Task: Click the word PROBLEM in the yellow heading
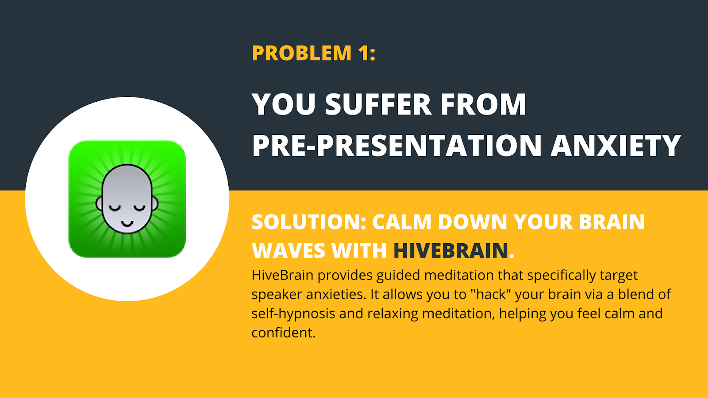point(301,53)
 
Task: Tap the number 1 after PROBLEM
point(365,53)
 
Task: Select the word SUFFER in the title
point(378,105)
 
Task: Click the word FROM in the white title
point(483,105)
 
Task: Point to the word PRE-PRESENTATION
point(396,146)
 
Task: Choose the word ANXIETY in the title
point(616,146)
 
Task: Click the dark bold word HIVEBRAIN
point(450,251)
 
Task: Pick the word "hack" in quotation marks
point(490,294)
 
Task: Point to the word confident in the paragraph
point(283,333)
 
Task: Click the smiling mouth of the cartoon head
point(127,224)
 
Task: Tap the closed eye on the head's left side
point(115,208)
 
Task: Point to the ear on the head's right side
point(155,203)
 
